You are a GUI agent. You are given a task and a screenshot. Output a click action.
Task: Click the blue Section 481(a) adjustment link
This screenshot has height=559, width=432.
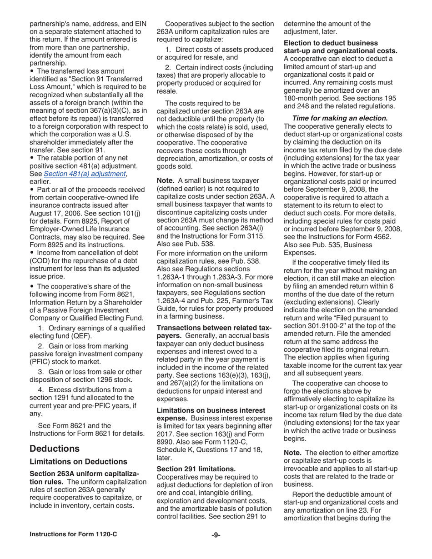click(x=91, y=174)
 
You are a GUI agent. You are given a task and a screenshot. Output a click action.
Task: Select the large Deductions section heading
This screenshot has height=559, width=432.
click(x=55, y=449)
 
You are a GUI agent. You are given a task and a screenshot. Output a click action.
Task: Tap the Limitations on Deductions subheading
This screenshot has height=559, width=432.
click(x=78, y=462)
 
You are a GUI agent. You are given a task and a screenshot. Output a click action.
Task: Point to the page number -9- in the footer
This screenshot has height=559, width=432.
click(x=216, y=534)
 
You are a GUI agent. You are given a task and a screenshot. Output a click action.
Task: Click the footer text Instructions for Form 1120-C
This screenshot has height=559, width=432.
click(x=73, y=534)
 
